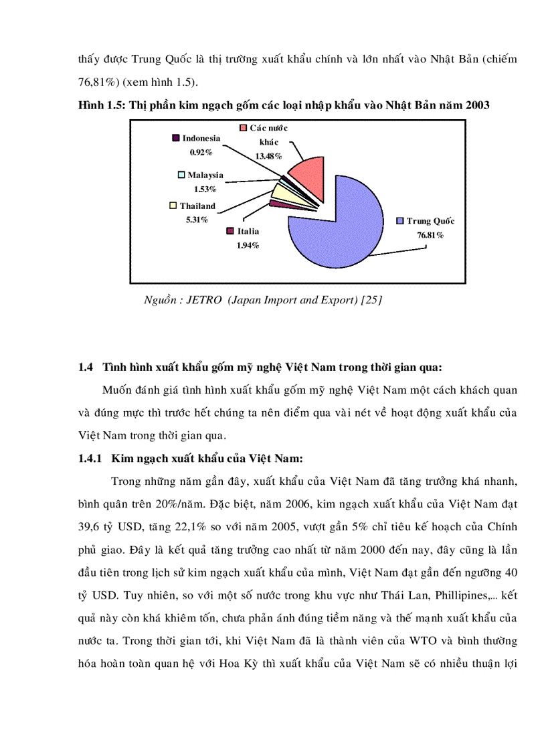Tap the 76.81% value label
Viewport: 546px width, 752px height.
(x=430, y=235)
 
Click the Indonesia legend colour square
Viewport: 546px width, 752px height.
(x=176, y=138)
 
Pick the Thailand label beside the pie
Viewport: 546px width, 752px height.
(x=197, y=206)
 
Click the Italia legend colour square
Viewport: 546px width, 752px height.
(x=231, y=232)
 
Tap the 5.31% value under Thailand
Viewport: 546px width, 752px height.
(x=197, y=220)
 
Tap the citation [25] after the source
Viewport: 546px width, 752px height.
(x=371, y=300)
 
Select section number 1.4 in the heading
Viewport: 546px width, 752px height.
(x=85, y=366)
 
